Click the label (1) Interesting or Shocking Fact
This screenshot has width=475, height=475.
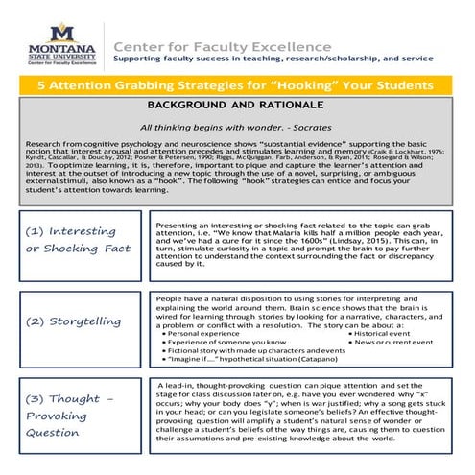(x=78, y=240)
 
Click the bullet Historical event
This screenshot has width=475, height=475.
(x=388, y=334)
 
